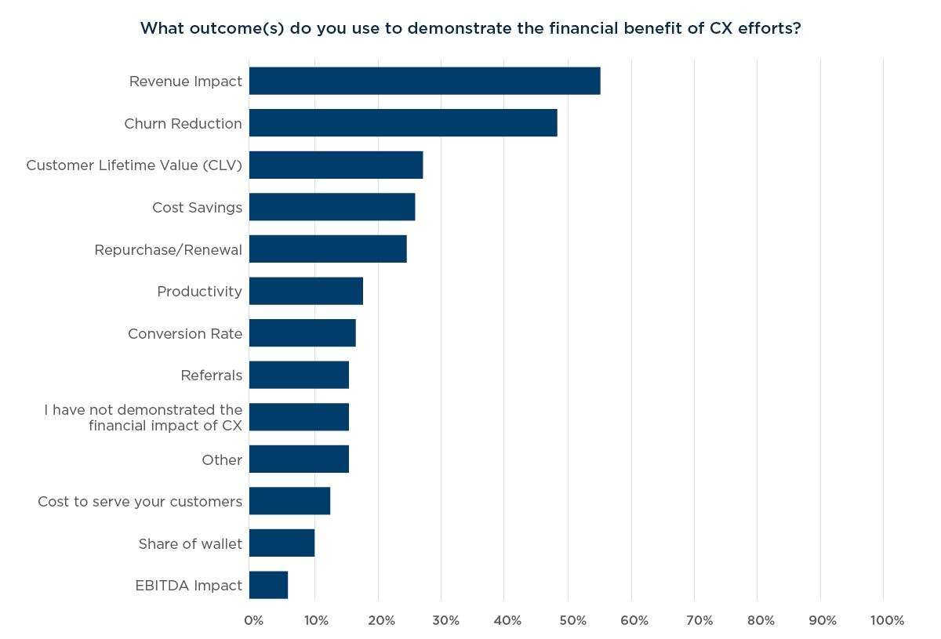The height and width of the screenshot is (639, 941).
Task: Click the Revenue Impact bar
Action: (x=424, y=81)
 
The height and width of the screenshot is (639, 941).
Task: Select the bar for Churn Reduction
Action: (x=403, y=123)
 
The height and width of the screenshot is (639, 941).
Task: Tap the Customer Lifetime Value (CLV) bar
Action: (x=336, y=165)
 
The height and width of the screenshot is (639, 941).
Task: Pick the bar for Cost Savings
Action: (x=332, y=207)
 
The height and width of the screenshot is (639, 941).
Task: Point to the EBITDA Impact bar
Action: (x=268, y=585)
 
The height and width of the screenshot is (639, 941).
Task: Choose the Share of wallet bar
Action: (x=282, y=543)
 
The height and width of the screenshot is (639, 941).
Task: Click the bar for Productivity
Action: (x=306, y=291)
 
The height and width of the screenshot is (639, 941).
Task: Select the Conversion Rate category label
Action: (x=185, y=334)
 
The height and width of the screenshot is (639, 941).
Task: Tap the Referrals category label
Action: (x=211, y=376)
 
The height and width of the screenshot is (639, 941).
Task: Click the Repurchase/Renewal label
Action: (x=168, y=250)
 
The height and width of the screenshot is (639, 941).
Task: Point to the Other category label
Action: (x=222, y=460)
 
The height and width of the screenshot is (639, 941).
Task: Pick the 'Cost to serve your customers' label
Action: (x=140, y=502)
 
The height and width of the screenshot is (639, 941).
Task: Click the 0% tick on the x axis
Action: (x=253, y=621)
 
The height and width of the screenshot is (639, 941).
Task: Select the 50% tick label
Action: (x=572, y=621)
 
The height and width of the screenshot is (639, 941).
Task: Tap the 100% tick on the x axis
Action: (x=887, y=621)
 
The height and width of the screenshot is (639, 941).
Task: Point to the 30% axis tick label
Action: (x=445, y=621)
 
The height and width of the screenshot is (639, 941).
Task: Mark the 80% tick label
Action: (x=761, y=621)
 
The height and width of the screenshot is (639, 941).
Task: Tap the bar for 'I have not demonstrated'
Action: (x=299, y=417)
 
